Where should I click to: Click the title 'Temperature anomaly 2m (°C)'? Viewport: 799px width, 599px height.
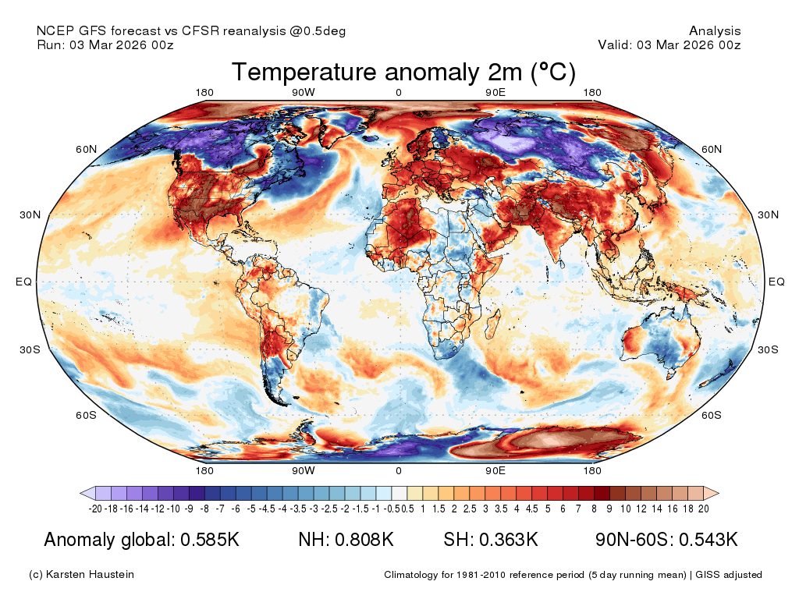tap(403, 72)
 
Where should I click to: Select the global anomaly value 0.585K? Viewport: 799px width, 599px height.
tap(210, 540)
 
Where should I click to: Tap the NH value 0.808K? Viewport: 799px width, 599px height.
tap(364, 540)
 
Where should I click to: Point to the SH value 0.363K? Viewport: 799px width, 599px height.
tap(509, 540)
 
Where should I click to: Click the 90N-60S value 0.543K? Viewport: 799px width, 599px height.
tap(708, 540)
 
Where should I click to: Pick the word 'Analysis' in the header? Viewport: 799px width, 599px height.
tap(715, 31)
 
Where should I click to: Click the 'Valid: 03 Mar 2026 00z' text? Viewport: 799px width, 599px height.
tap(669, 44)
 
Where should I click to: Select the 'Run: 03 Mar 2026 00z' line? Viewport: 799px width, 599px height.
tap(105, 44)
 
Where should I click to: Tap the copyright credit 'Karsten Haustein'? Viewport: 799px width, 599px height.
tap(90, 575)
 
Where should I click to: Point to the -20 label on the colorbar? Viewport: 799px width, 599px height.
tap(95, 509)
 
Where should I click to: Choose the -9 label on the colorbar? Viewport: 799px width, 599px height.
tap(189, 509)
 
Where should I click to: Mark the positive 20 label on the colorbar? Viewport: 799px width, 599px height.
tap(704, 509)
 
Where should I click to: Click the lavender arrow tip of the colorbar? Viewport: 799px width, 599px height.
tap(81, 493)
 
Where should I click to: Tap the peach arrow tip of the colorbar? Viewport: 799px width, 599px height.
tap(719, 493)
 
